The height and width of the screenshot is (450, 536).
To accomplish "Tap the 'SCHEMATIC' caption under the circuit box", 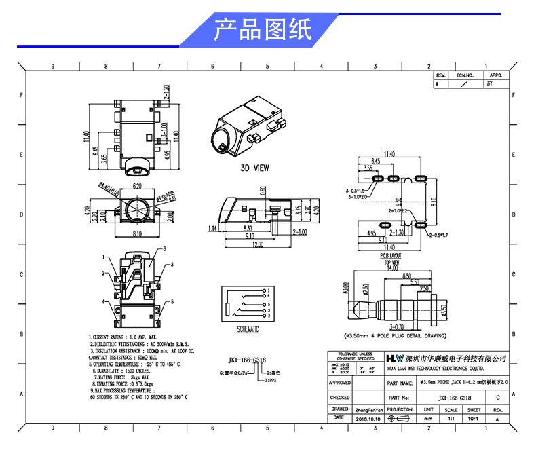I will [248, 329].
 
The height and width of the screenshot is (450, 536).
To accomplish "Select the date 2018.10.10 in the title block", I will [368, 419].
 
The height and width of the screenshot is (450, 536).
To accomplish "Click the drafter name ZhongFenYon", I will [369, 410].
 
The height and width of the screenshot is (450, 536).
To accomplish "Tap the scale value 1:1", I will [429, 419].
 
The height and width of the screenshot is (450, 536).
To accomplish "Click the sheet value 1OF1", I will [474, 419].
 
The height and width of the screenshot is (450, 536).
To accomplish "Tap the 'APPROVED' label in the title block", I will [340, 383].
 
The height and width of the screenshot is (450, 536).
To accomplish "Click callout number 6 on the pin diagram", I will [164, 249].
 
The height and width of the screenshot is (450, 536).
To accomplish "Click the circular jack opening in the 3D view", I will [223, 141].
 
